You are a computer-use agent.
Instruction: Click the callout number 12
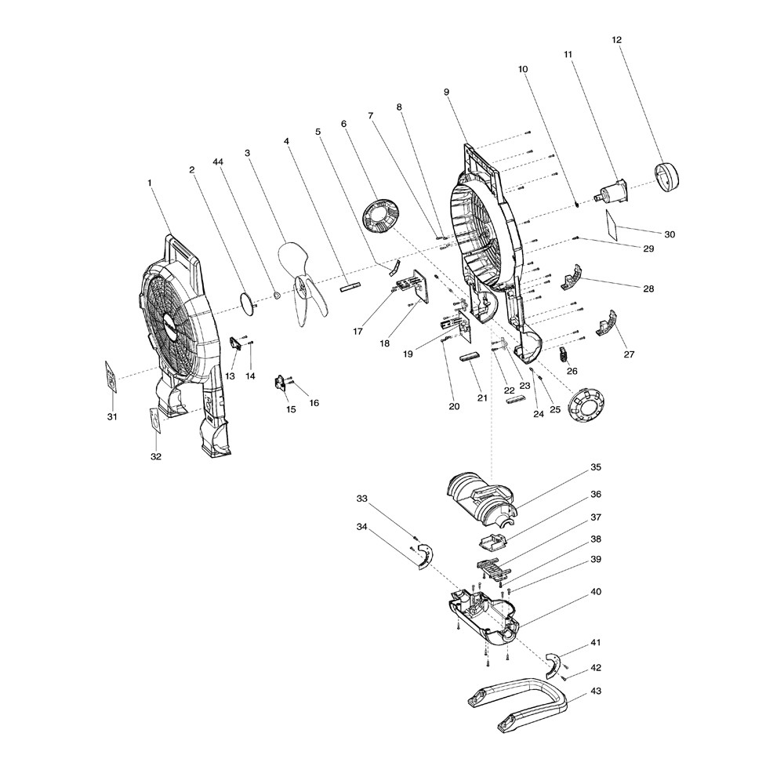pyautogui.click(x=616, y=39)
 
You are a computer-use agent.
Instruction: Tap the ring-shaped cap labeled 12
pyautogui.click(x=667, y=176)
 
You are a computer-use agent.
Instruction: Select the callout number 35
pyautogui.click(x=596, y=467)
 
